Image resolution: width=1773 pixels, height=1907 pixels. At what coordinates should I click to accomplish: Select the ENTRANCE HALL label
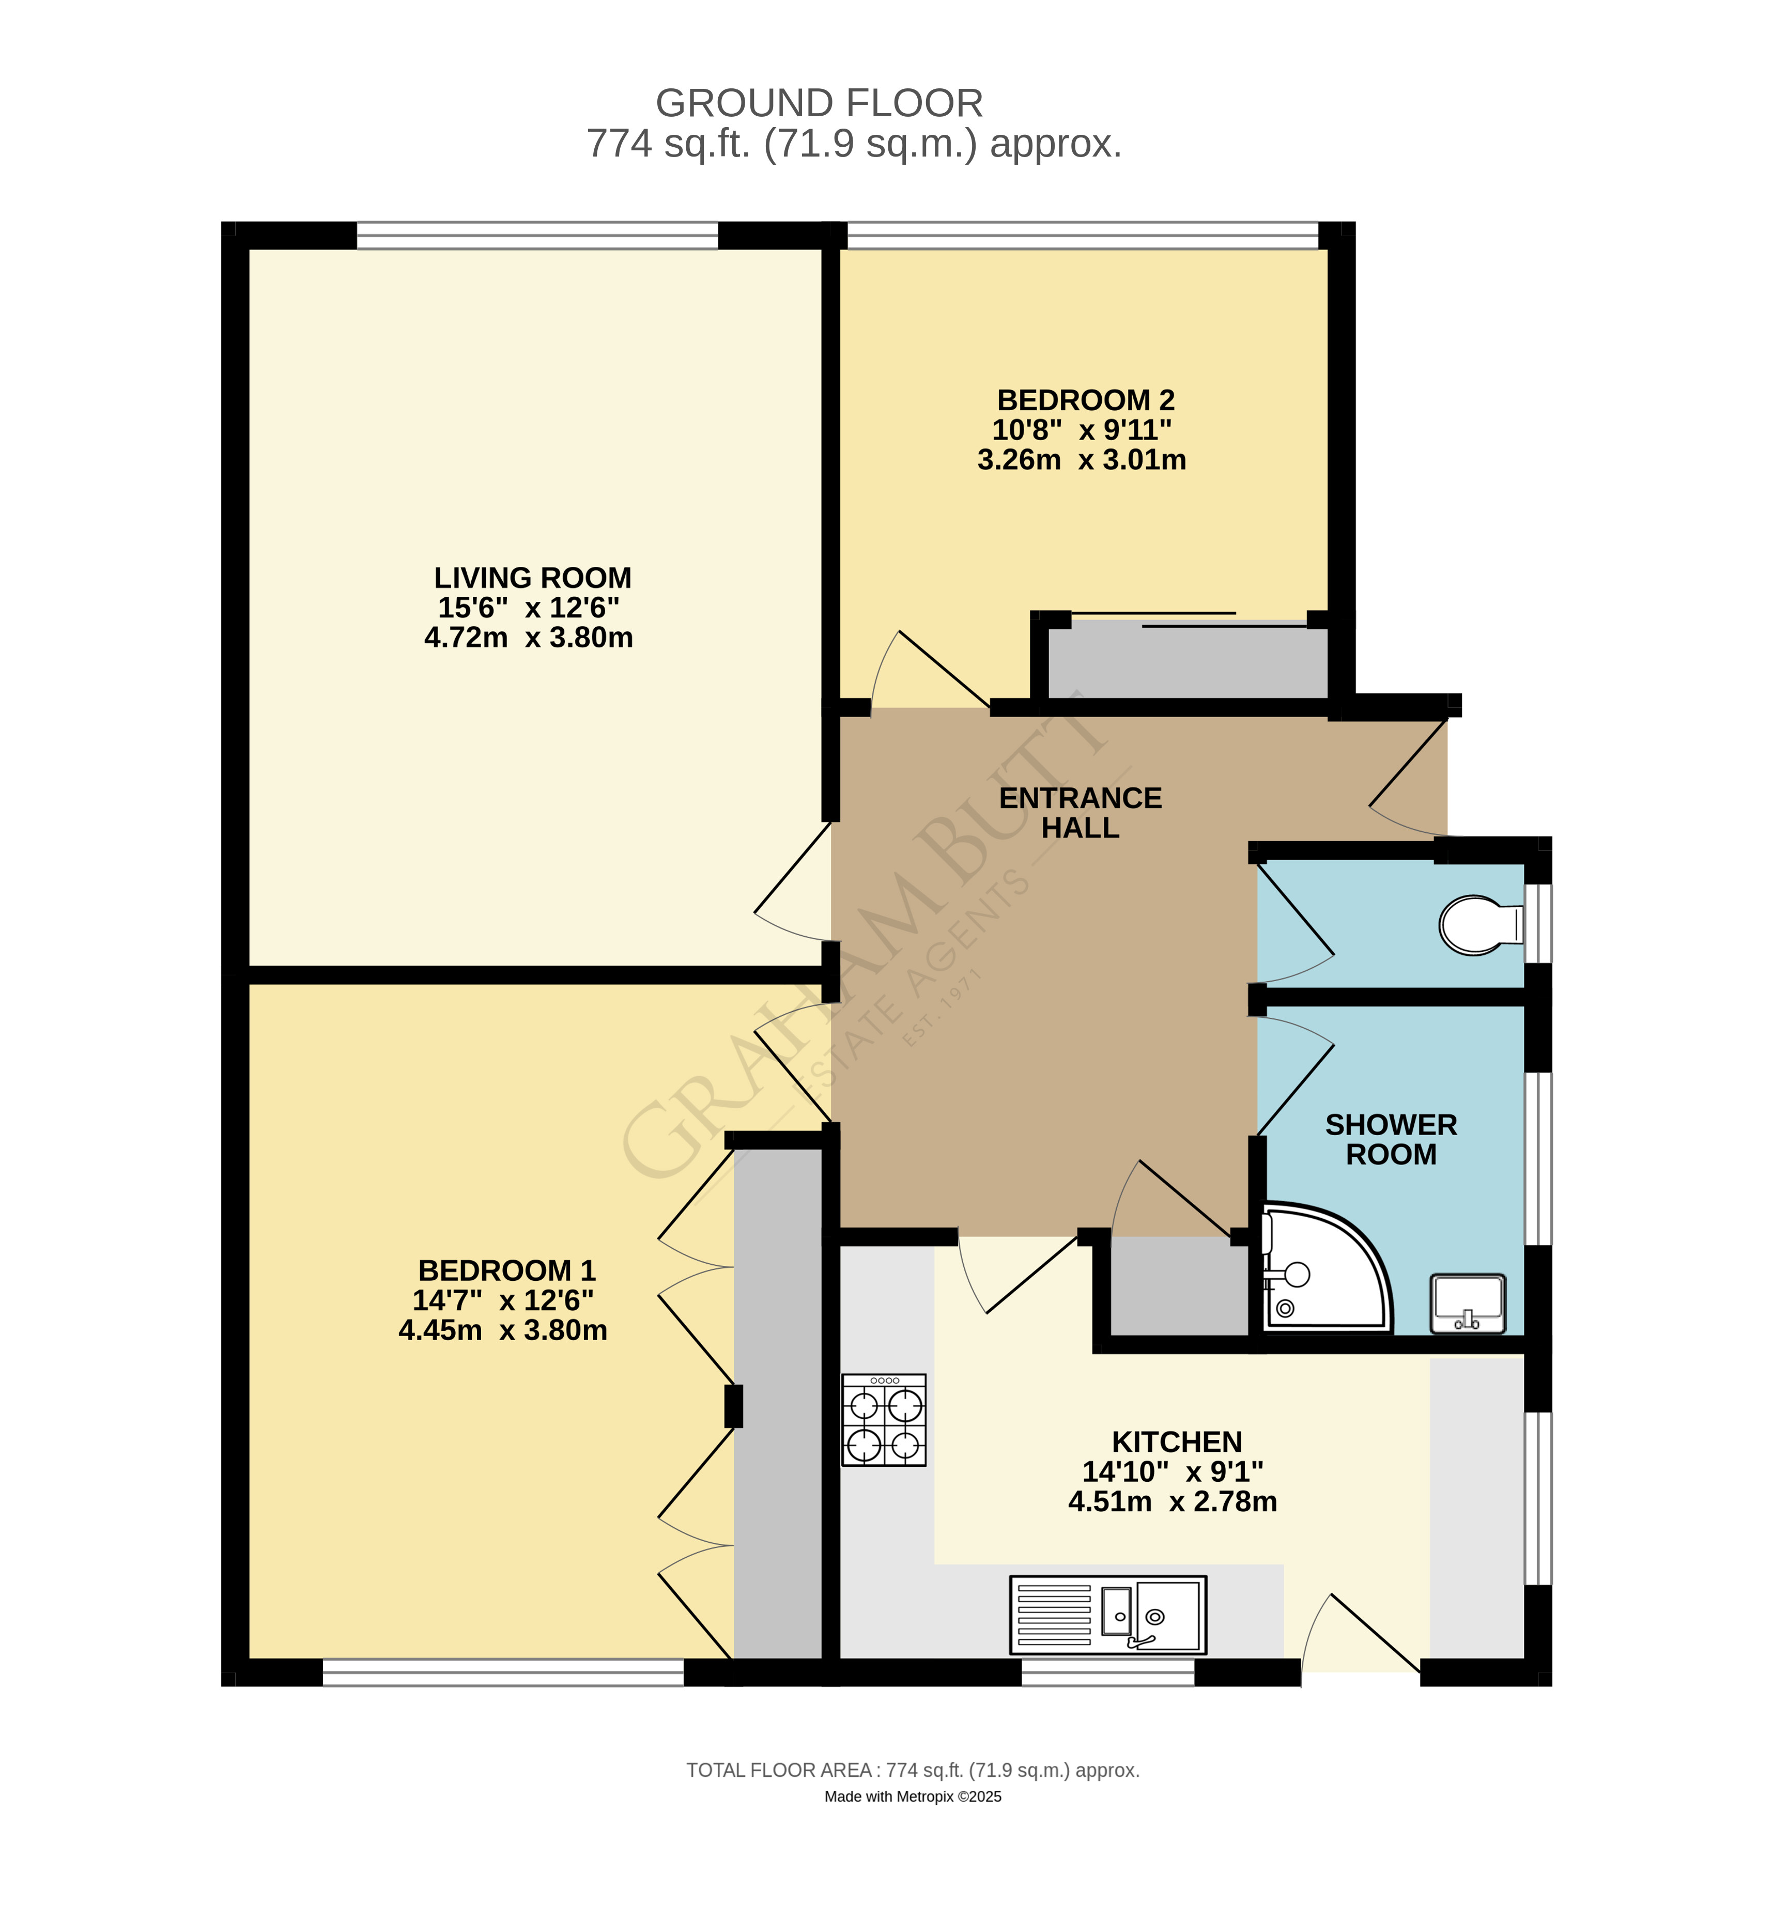tap(1081, 813)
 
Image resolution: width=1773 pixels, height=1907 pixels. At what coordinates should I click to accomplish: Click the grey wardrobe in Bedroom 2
tap(1187, 660)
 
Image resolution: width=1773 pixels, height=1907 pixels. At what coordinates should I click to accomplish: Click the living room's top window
tap(537, 235)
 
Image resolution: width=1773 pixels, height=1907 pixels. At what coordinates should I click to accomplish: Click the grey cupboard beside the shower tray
tap(1178, 1285)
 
